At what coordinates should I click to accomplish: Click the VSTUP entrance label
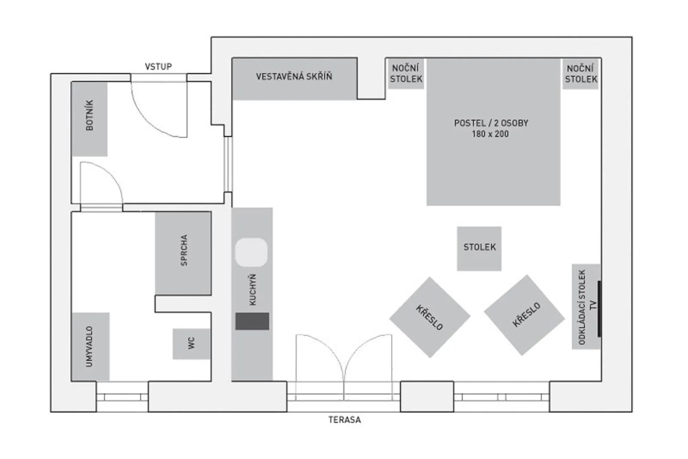pos(158,66)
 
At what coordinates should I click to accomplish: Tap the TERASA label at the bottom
pos(344,420)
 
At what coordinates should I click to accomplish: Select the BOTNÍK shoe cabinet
pos(89,119)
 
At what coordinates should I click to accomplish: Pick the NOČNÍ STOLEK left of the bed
pos(406,74)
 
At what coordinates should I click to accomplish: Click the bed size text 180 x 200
pos(490,134)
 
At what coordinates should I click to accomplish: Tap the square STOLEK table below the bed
pos(479,248)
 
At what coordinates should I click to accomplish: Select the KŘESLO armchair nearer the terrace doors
pos(430,317)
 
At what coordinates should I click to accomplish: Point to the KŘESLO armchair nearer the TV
pos(524,315)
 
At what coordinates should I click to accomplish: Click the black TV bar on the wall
pos(599,309)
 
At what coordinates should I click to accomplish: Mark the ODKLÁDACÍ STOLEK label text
pos(582,307)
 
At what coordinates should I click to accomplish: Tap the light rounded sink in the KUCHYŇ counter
pos(251,252)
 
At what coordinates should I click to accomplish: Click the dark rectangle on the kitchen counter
pos(252,321)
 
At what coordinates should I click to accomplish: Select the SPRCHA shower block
pos(183,253)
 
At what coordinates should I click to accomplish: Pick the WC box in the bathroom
pos(191,344)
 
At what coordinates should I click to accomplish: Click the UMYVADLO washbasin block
pos(90,346)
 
